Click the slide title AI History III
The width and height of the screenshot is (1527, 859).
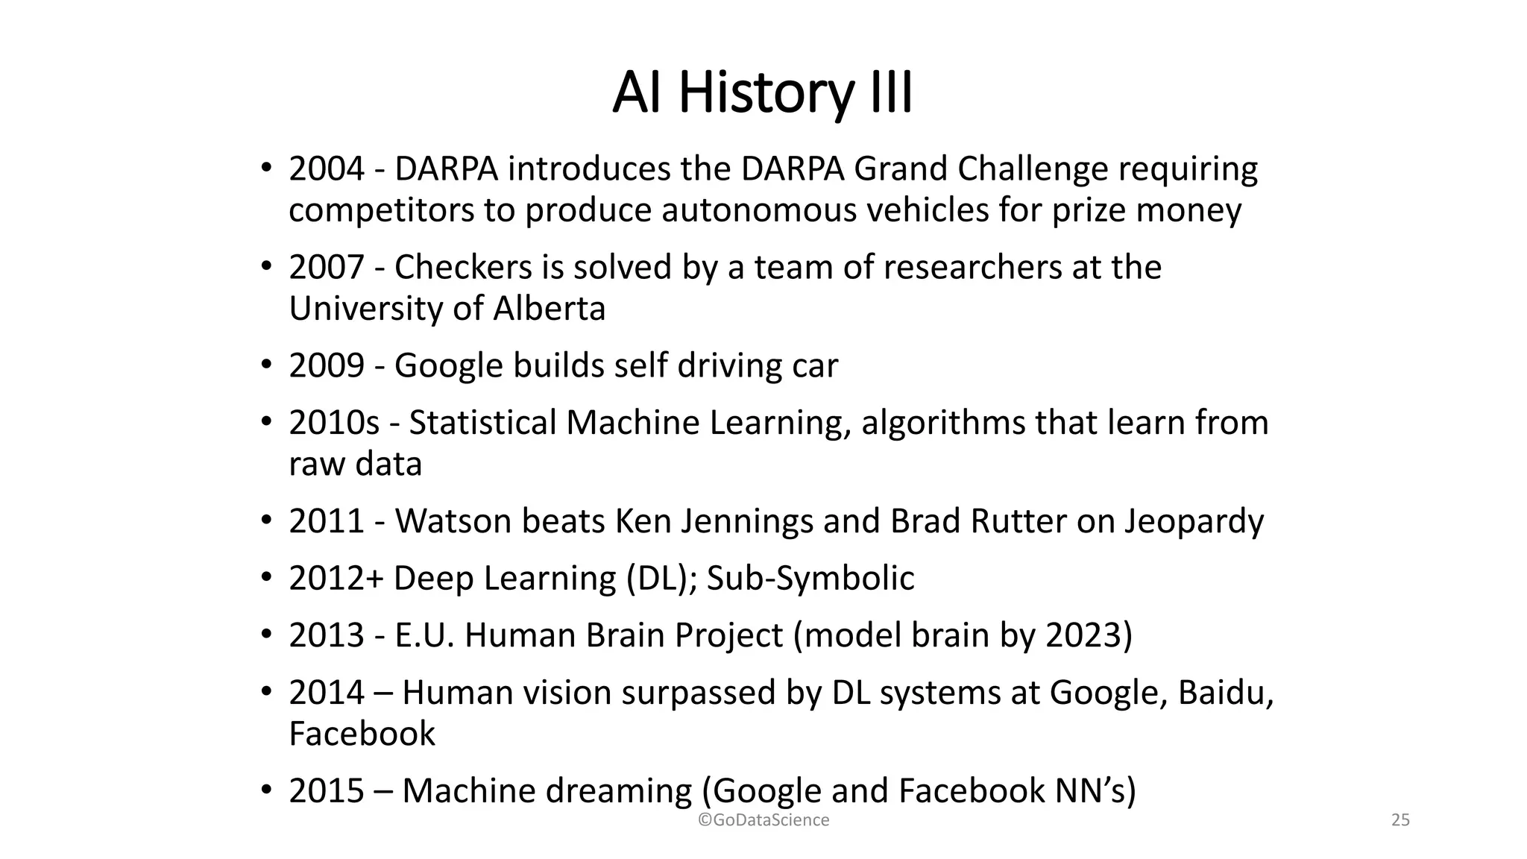tap(762, 92)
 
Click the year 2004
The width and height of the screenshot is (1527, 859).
tap(327, 169)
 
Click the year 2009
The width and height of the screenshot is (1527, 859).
tap(327, 366)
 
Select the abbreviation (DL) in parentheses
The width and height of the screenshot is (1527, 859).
tap(658, 579)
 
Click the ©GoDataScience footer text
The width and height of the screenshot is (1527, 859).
tap(763, 820)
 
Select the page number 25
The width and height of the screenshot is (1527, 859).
tap(1400, 820)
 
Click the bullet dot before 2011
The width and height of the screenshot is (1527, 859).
tap(266, 520)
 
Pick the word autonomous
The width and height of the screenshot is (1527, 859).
tap(758, 210)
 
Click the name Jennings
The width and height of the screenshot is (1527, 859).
tap(746, 521)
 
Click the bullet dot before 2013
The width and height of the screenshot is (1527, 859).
tap(266, 635)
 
